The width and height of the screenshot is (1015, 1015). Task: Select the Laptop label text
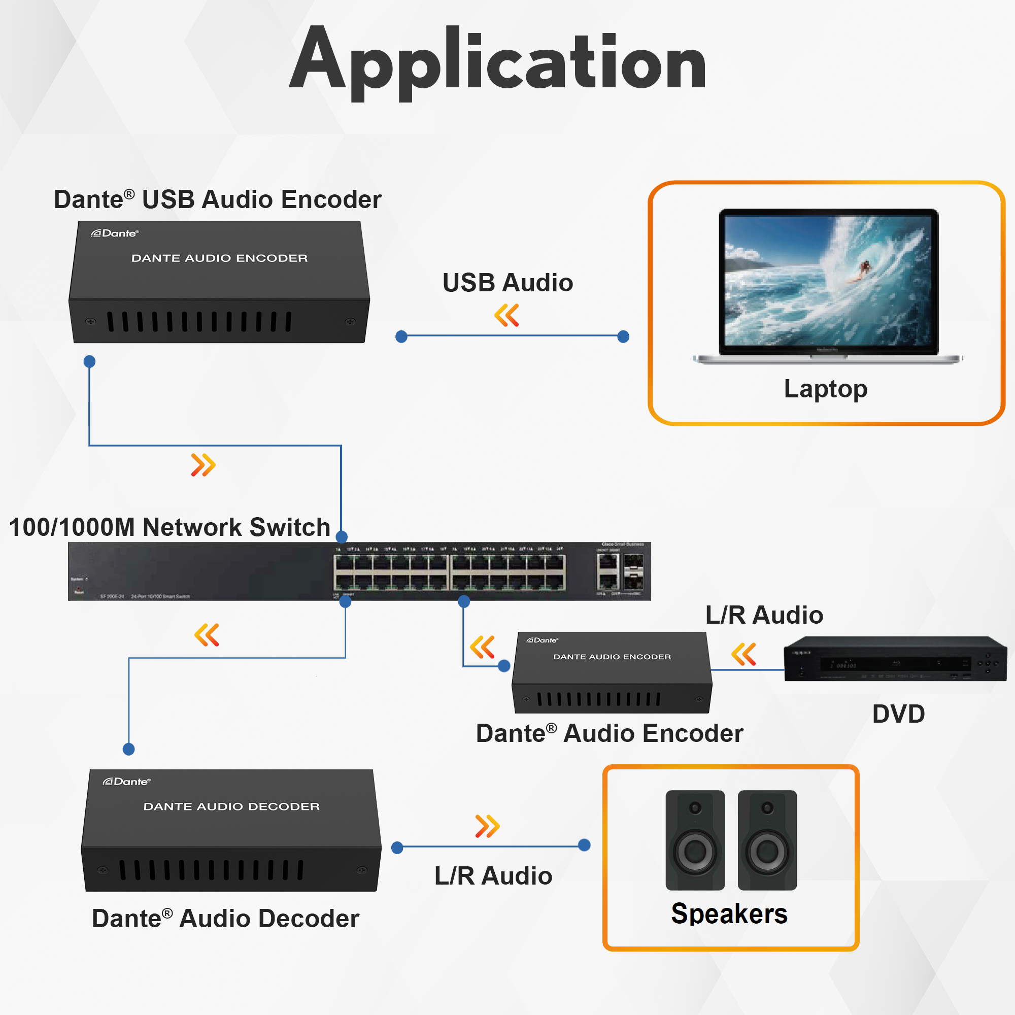tap(825, 389)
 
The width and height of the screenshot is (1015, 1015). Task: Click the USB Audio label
tap(507, 283)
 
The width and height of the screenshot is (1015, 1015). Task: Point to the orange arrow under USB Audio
tap(506, 315)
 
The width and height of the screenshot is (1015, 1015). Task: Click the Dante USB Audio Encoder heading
tap(218, 199)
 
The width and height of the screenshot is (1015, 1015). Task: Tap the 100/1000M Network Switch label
tap(169, 527)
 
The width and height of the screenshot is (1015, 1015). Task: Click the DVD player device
tap(895, 659)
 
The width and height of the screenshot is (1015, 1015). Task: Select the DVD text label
tap(898, 714)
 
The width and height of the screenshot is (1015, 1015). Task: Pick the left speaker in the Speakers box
tap(695, 840)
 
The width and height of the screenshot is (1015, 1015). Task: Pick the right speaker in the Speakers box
tap(767, 840)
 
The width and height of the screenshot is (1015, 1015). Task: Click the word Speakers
tap(729, 913)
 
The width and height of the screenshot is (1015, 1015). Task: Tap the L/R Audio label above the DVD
tap(764, 615)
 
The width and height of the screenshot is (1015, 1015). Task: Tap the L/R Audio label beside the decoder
tap(493, 876)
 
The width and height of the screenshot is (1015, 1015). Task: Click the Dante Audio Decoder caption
tap(225, 919)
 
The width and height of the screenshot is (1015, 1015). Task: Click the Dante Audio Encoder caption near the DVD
tap(610, 733)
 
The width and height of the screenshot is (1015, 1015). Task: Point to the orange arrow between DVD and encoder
tap(743, 654)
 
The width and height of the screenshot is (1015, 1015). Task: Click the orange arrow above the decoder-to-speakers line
tap(487, 826)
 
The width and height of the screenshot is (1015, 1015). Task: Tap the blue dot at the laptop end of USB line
tap(623, 336)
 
